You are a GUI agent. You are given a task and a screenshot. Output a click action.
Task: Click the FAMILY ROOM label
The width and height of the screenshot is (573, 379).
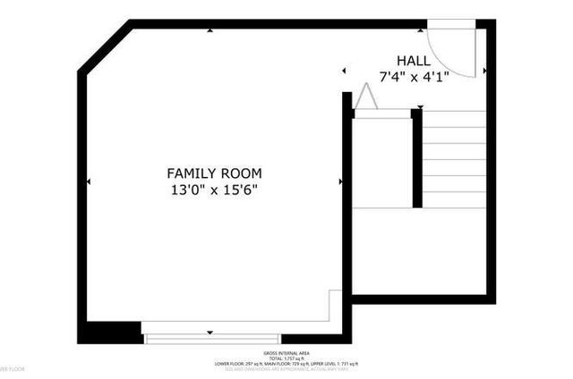tap(214, 173)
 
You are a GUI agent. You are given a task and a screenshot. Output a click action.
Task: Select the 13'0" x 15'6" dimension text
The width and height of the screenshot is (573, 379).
tap(214, 189)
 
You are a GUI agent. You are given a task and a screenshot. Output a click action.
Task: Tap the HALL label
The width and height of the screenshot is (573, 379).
tap(413, 60)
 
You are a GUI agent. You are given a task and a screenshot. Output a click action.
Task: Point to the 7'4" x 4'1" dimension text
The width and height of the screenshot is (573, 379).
tap(413, 76)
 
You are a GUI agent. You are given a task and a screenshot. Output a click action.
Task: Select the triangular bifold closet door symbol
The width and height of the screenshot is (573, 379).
tap(365, 97)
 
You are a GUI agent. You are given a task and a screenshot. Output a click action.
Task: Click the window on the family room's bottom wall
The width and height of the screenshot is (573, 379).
tap(212, 338)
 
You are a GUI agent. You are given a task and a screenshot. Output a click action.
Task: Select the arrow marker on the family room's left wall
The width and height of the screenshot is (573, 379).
tap(89, 181)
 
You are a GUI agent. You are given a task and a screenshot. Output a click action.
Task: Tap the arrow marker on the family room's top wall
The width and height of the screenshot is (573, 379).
tap(210, 30)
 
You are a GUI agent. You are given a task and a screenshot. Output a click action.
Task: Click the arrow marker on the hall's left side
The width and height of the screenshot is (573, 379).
tap(345, 70)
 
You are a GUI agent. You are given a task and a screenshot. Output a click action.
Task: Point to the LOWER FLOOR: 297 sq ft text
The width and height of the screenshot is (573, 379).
tap(236, 364)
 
